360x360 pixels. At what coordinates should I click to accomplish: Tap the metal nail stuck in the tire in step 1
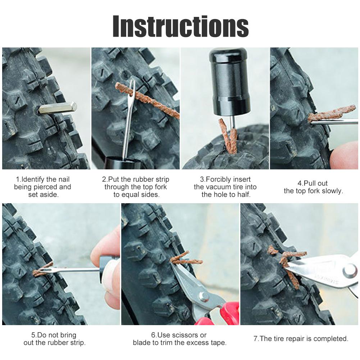pos(58,108)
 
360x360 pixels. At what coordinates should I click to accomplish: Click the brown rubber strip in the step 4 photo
pos(331,113)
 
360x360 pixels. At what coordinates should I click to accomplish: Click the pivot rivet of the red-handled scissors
pos(204,296)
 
